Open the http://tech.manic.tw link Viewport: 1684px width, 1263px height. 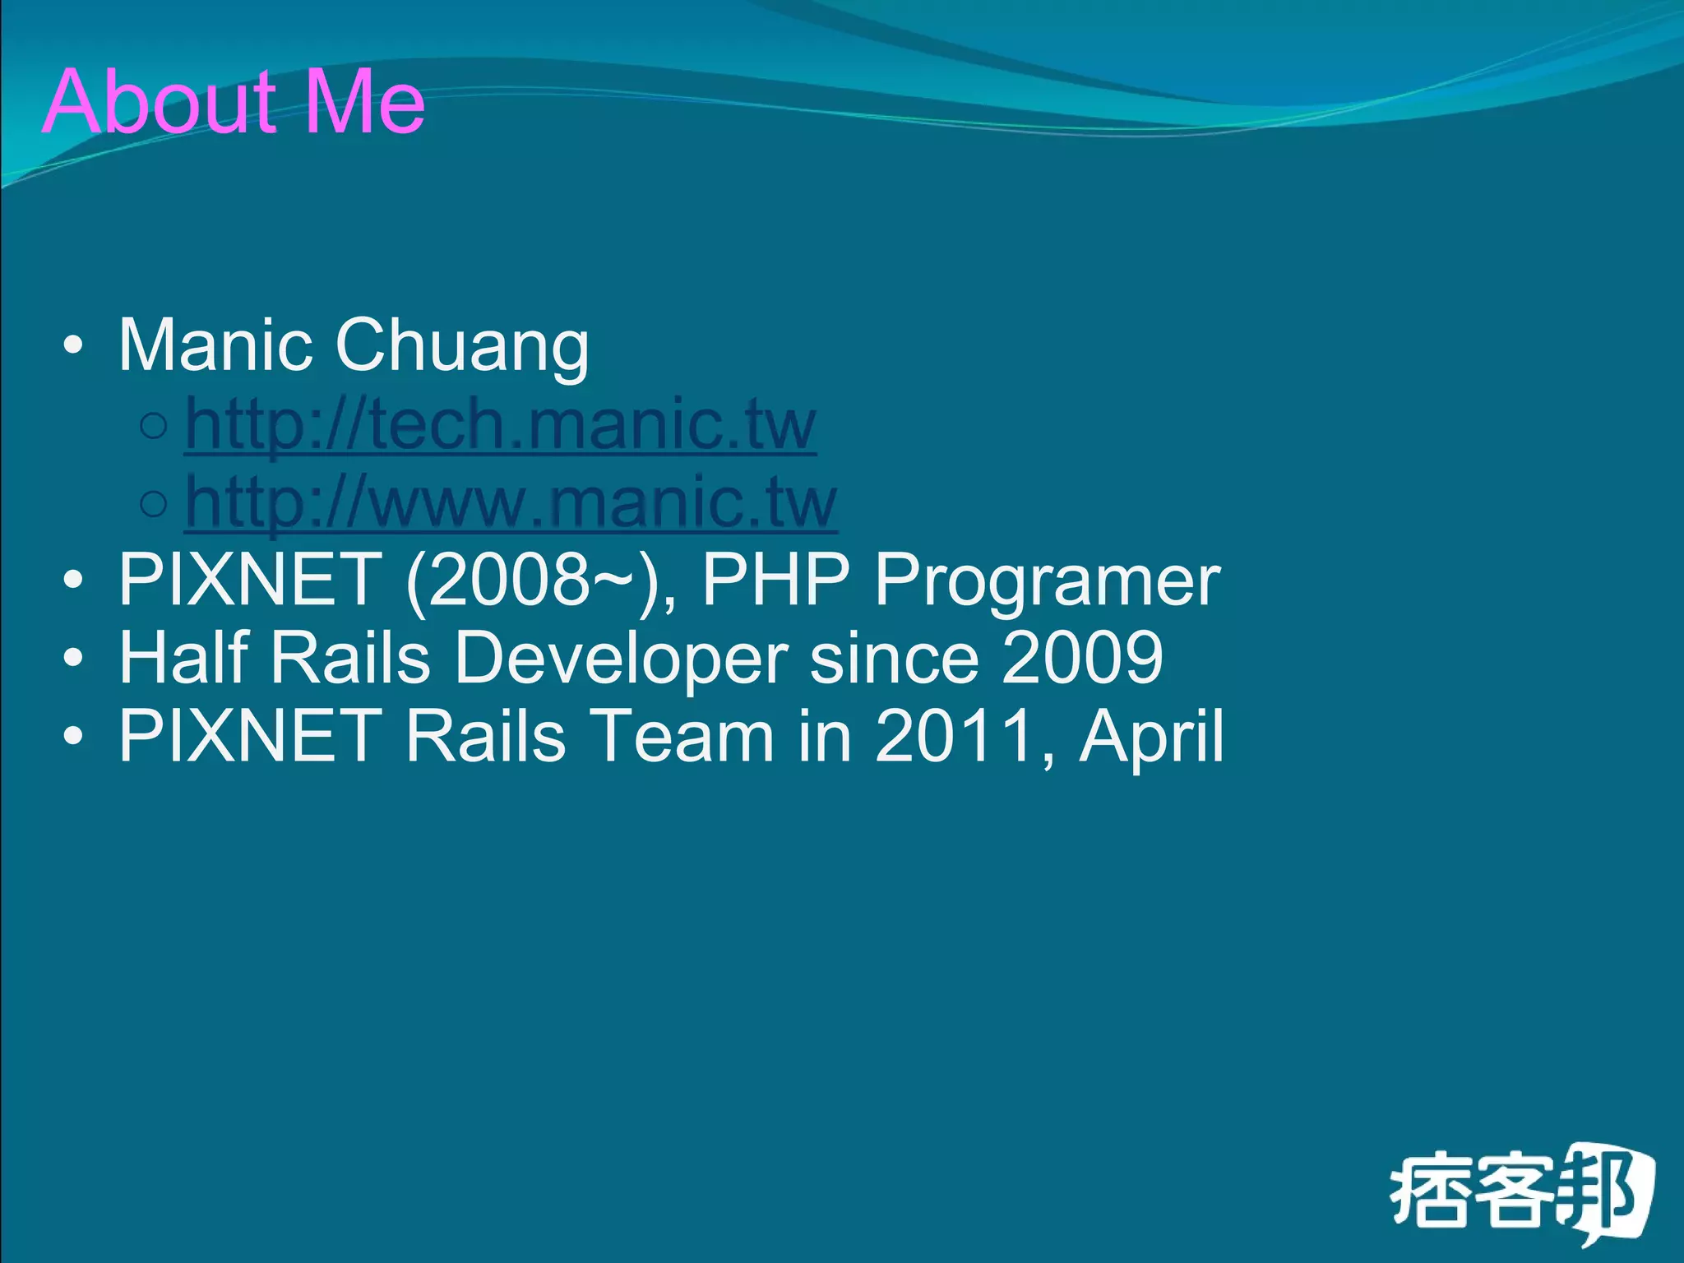[501, 424]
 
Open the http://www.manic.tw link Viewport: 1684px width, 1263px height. [511, 502]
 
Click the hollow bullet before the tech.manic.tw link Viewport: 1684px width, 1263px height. [154, 426]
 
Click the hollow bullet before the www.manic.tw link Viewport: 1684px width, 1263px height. [154, 503]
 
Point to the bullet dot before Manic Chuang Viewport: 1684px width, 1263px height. [73, 345]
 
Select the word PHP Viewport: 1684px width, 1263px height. [775, 579]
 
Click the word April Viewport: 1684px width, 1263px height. [1151, 737]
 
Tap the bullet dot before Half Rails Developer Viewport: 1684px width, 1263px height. [73, 658]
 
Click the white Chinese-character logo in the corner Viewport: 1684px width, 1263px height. [1520, 1193]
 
